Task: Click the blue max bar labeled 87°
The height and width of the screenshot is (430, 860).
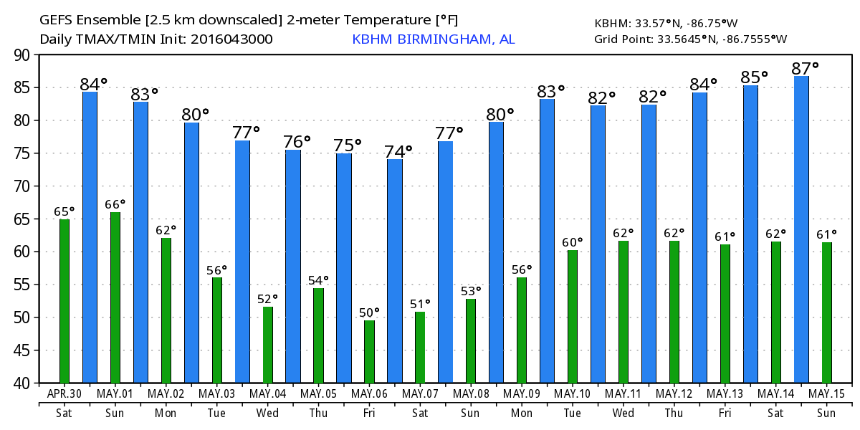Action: (x=801, y=229)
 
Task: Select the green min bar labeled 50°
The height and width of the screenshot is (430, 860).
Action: (x=369, y=352)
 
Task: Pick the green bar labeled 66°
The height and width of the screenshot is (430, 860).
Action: (x=115, y=297)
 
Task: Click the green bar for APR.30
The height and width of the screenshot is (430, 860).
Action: (x=64, y=301)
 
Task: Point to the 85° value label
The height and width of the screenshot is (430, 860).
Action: (x=755, y=76)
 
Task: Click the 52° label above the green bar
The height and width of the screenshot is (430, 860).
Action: (x=267, y=298)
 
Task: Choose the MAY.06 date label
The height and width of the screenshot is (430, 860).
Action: (x=369, y=394)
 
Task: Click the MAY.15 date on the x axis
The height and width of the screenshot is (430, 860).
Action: (x=827, y=394)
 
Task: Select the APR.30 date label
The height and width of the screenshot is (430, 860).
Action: (x=64, y=394)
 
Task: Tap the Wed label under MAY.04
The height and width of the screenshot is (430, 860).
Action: (x=267, y=414)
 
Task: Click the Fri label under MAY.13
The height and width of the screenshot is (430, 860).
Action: (x=725, y=414)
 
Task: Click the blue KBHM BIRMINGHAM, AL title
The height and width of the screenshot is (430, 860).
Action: (x=434, y=39)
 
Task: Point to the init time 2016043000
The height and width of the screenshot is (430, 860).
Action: (x=231, y=39)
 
